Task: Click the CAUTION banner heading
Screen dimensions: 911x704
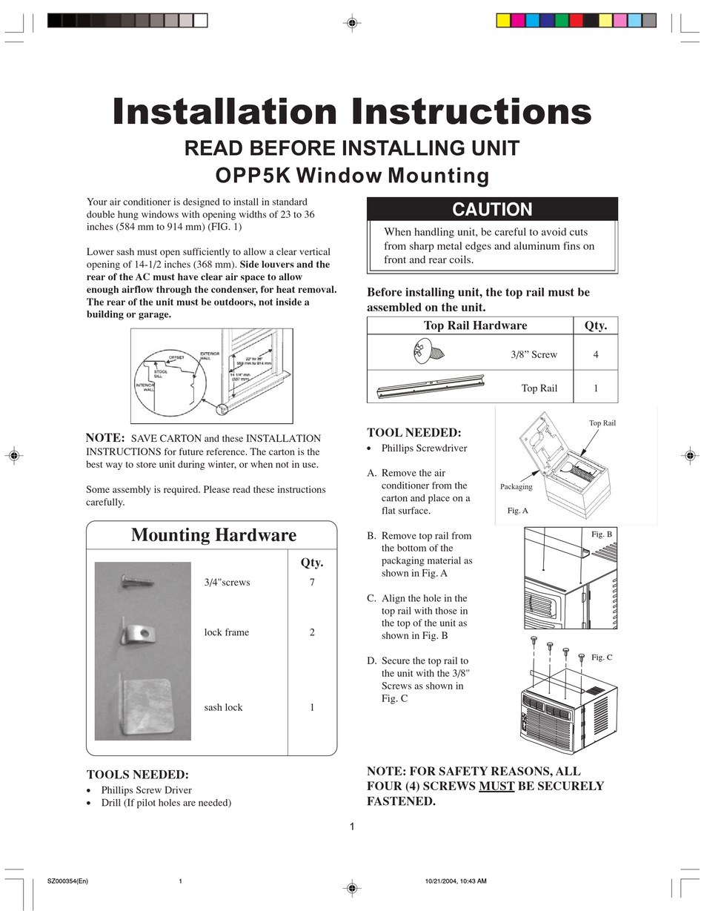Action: (x=492, y=210)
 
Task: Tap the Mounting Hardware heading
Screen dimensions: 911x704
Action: (x=213, y=535)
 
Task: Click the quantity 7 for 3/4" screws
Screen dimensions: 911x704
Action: (x=312, y=583)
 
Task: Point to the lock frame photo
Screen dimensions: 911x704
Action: (x=138, y=633)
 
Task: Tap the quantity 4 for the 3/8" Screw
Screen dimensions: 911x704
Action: (x=596, y=355)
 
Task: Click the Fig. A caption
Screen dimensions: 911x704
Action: (x=517, y=511)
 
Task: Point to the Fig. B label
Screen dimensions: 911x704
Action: (x=602, y=534)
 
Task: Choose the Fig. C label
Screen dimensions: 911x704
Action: (x=602, y=657)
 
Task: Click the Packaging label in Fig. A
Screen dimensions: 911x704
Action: (x=517, y=486)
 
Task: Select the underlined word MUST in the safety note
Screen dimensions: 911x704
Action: (x=497, y=786)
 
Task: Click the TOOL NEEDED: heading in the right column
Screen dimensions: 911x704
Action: (x=414, y=432)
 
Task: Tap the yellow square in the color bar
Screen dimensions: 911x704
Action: (x=503, y=21)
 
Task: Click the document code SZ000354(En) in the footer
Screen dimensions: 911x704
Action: (x=67, y=881)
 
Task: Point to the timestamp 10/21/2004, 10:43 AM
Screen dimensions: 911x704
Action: (x=456, y=881)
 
